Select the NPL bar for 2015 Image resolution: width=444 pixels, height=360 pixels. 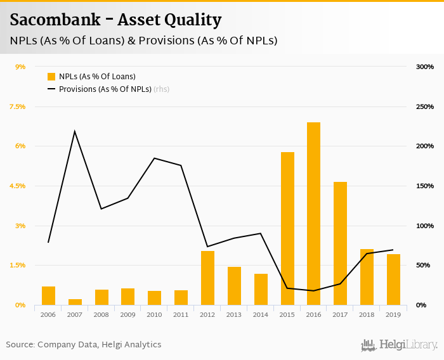pyautogui.click(x=287, y=228)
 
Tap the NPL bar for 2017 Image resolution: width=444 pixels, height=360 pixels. pyautogui.click(x=341, y=243)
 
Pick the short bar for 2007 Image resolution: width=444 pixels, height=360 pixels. pyautogui.click(x=75, y=302)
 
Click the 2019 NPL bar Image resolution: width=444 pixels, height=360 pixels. pyautogui.click(x=393, y=280)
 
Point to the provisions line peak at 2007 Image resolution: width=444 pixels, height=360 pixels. pyautogui.click(x=75, y=132)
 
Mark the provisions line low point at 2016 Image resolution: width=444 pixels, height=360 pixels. pyautogui.click(x=314, y=291)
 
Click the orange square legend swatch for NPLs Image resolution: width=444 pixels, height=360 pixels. pyautogui.click(x=51, y=77)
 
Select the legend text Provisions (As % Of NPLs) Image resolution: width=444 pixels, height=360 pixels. pyautogui.click(x=105, y=89)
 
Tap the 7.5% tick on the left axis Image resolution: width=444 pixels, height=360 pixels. pyautogui.click(x=17, y=106)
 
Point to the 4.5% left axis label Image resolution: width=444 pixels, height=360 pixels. pyautogui.click(x=17, y=186)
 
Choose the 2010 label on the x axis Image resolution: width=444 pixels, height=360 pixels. pyautogui.click(x=154, y=314)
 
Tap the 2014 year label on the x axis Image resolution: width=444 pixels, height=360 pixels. pyautogui.click(x=261, y=314)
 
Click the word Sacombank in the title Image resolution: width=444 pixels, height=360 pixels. pyautogui.click(x=55, y=20)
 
